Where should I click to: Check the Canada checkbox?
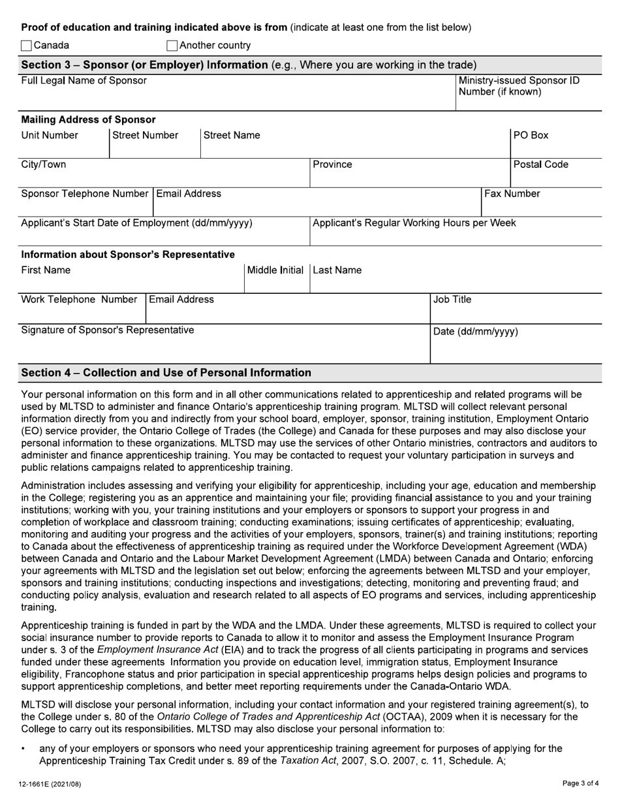(26, 46)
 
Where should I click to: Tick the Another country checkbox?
(172, 46)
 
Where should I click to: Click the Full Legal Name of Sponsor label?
(84, 81)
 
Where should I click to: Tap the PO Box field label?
(531, 136)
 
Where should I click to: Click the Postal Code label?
(540, 165)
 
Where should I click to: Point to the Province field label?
(332, 165)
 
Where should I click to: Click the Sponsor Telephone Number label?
(85, 194)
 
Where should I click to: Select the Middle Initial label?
(275, 270)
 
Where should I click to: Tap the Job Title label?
(452, 300)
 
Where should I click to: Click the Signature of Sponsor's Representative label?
(108, 330)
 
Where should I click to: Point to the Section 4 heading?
(166, 373)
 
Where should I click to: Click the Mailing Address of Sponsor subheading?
(89, 119)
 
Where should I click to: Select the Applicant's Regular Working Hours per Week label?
(414, 223)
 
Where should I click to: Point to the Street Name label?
(232, 136)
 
